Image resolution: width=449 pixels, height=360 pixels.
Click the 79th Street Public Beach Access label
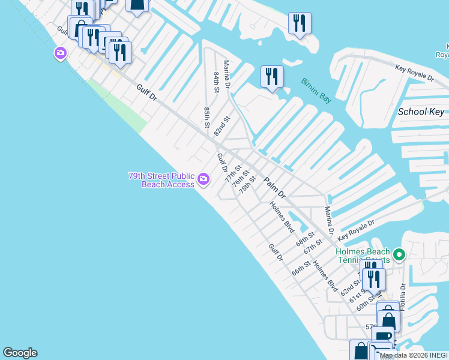point(161,180)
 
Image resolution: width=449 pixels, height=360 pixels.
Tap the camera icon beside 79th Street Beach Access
point(203,179)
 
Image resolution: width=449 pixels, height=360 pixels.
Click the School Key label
point(421,112)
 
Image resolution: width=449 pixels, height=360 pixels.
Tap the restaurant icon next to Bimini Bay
point(273,77)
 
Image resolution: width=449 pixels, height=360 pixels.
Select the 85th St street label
point(206,118)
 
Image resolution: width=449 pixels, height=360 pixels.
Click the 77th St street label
point(233,173)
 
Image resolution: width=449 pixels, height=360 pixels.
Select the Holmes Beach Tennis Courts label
point(363,256)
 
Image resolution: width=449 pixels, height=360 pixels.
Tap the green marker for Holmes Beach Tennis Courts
point(399,254)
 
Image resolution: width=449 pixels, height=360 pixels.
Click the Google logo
point(20,353)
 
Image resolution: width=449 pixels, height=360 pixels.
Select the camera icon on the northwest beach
point(60,54)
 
